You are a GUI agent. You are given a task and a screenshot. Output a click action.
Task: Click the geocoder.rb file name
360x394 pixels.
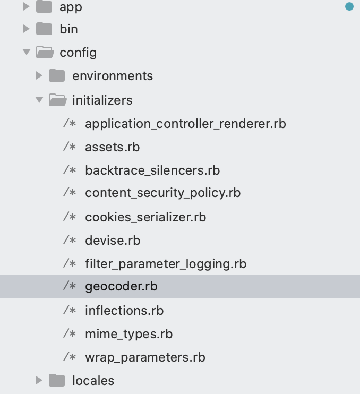121,287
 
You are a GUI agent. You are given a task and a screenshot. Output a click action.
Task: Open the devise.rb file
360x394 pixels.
113,240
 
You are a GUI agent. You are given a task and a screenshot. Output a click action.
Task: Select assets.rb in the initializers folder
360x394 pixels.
112,147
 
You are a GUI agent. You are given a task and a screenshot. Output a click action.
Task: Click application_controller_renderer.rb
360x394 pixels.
185,124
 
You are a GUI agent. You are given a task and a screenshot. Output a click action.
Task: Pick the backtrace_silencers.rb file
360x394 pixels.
152,170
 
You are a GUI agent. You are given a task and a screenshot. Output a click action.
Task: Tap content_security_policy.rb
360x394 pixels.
162,193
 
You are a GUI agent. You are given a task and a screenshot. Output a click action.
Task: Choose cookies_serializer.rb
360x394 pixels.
145,217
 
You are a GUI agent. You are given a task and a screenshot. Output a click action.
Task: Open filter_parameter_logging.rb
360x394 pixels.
166,264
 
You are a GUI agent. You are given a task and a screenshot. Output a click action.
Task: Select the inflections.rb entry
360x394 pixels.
124,310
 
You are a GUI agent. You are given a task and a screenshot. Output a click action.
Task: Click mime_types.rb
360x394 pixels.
128,334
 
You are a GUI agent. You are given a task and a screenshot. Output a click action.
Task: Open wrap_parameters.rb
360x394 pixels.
145,357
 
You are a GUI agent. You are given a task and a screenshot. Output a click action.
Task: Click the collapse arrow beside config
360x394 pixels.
27,52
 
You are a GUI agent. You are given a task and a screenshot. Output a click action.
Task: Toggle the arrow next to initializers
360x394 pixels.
39,100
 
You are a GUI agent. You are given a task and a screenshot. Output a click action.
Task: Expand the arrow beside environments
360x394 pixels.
39,76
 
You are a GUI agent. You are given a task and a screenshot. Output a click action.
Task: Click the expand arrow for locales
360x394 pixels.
39,380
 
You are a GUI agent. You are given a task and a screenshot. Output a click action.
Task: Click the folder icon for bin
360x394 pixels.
45,29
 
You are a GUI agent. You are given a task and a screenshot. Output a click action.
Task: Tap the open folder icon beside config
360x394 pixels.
45,52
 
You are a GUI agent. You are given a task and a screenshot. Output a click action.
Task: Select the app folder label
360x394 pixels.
71,7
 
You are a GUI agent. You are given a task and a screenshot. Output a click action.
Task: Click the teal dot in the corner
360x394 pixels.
349,6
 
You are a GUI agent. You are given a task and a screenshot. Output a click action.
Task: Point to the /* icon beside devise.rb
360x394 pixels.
70,240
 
